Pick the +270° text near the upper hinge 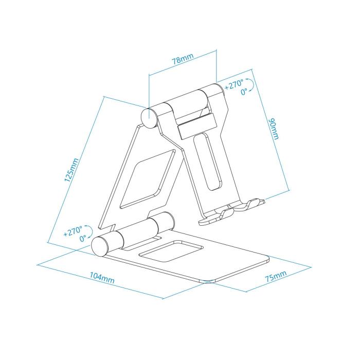pyautogui.click(x=235, y=85)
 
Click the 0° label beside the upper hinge pyautogui.click(x=244, y=92)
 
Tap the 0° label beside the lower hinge pyautogui.click(x=83, y=239)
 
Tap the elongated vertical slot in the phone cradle pyautogui.click(x=209, y=159)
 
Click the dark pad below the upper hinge pyautogui.click(x=195, y=125)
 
